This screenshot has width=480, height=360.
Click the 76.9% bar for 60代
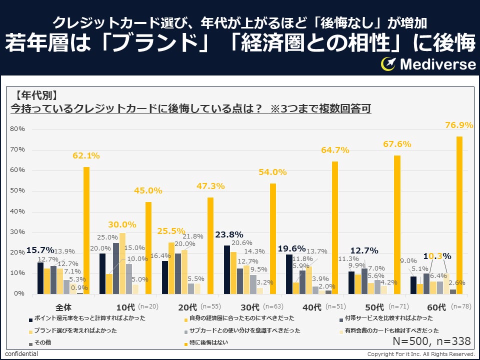tap(459, 215)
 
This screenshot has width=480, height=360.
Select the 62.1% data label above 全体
tap(86, 156)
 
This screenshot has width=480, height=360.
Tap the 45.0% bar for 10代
tap(148, 247)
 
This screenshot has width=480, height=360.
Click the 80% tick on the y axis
tap(17, 129)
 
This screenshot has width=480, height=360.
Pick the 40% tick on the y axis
tap(17, 211)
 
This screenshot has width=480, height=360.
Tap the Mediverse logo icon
tap(388, 63)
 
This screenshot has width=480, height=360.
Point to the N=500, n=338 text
tap(432, 341)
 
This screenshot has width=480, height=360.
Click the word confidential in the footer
tap(21, 354)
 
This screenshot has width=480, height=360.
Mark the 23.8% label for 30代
tap(229, 234)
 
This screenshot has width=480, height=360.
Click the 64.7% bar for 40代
tap(335, 227)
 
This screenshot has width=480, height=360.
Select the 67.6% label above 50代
tap(397, 144)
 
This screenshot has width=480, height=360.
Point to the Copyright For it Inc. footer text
tap(421, 354)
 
